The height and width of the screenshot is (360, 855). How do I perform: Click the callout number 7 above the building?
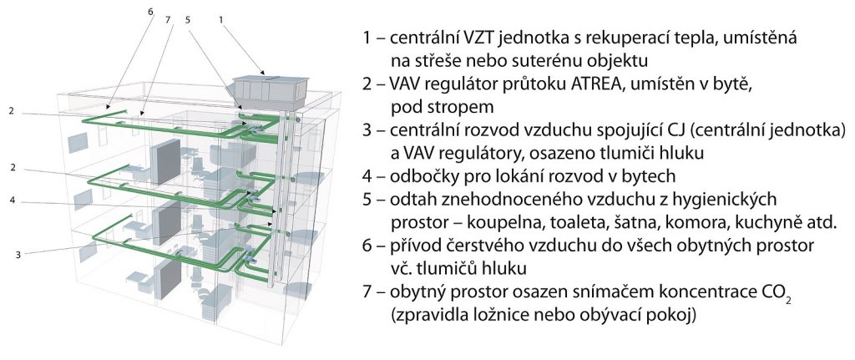pos(168,20)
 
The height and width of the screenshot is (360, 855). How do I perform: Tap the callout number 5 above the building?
pos(188,20)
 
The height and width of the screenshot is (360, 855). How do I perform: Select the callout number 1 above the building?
pos(220,20)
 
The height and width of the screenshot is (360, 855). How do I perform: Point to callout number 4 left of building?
pos(12,200)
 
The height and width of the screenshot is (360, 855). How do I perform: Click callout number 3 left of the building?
pos(18,254)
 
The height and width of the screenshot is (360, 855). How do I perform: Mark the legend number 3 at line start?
pos(367,130)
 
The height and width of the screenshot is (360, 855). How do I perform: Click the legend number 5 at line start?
pos(367,200)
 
